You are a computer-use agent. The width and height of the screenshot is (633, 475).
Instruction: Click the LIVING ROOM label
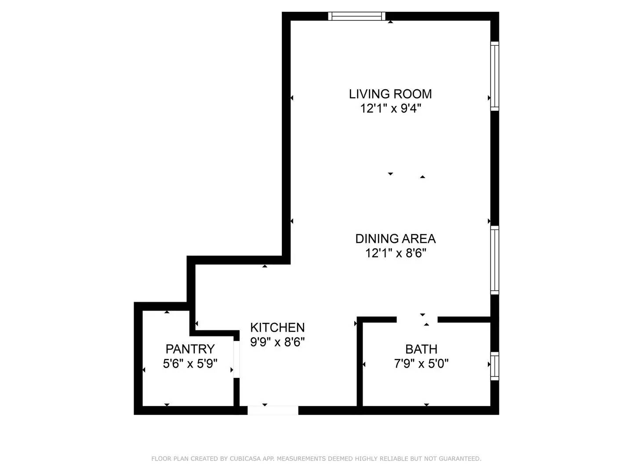(x=390, y=94)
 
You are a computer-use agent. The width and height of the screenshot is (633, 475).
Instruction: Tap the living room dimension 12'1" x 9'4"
(x=390, y=108)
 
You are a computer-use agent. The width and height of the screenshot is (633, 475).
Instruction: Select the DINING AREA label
(x=395, y=238)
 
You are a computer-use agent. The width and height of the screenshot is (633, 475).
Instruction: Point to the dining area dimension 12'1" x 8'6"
(x=395, y=253)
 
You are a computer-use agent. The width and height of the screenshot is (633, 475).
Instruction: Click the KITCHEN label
(x=277, y=327)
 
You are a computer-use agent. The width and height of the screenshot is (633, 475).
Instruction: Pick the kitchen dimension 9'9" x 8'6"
(x=277, y=342)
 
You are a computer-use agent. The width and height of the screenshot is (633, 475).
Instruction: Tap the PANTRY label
(x=190, y=349)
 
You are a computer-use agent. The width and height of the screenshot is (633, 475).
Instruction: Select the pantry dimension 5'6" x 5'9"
(x=190, y=364)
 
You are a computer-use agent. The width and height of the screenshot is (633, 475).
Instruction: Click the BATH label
(x=421, y=349)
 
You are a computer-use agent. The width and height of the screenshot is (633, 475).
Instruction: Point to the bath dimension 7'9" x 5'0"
(x=421, y=364)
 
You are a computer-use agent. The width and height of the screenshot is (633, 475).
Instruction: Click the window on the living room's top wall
(x=357, y=16)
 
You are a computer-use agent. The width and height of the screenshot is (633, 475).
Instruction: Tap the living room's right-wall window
(x=495, y=76)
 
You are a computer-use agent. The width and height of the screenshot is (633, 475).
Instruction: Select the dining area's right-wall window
(x=495, y=260)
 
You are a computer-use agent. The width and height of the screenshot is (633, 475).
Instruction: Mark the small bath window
(x=495, y=366)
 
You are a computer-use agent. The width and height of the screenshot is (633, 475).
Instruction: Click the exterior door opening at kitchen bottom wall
(x=273, y=410)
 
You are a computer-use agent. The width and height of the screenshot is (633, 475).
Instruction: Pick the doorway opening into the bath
(x=417, y=319)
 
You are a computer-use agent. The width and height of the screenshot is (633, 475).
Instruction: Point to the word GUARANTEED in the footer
(x=462, y=459)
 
